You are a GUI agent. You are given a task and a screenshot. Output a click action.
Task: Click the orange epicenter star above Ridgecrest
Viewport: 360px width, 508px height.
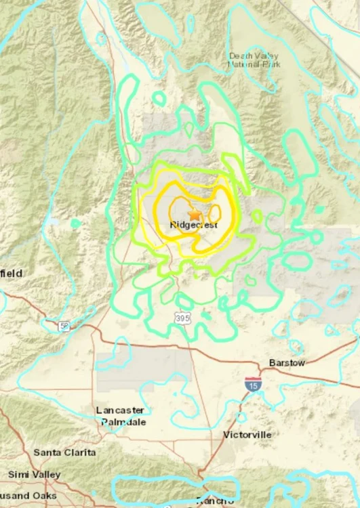tap(195, 213)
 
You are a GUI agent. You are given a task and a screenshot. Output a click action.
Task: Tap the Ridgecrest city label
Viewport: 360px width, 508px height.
tap(194, 225)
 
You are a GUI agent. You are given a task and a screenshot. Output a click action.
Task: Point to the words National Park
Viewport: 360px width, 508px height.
tap(254, 65)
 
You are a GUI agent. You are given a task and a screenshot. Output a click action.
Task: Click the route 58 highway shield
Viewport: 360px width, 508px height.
tap(63, 326)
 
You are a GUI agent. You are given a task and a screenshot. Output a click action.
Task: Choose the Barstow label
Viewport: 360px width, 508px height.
tap(287, 363)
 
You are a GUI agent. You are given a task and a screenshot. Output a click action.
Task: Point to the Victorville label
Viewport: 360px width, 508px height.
tap(247, 434)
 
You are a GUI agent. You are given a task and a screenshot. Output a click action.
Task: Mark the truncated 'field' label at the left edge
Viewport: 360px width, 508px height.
tap(10, 273)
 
